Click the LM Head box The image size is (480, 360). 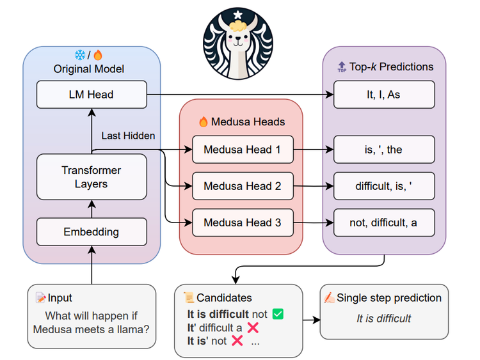pyautogui.click(x=92, y=95)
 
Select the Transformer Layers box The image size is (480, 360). pyautogui.click(x=92, y=177)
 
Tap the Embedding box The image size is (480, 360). pyautogui.click(x=92, y=232)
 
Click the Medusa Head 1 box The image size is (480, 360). pyautogui.click(x=242, y=150)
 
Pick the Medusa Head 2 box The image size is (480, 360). pyautogui.click(x=242, y=187)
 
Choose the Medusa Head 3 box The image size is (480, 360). pyautogui.click(x=242, y=223)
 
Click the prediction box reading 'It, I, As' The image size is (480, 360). pyautogui.click(x=384, y=95)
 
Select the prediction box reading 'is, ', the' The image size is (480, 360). pyautogui.click(x=384, y=150)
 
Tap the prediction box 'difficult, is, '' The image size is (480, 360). pyautogui.click(x=384, y=187)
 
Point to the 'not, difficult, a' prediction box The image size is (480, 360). pyautogui.click(x=384, y=223)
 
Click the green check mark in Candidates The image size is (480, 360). pyautogui.click(x=277, y=314)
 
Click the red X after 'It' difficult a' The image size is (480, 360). pyautogui.click(x=253, y=327)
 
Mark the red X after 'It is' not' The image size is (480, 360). pyautogui.click(x=237, y=341)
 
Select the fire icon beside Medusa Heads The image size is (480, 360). pyautogui.click(x=204, y=121)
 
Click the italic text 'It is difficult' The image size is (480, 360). pyautogui.click(x=383, y=318)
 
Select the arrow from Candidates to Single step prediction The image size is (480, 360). pyautogui.click(x=312, y=318)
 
